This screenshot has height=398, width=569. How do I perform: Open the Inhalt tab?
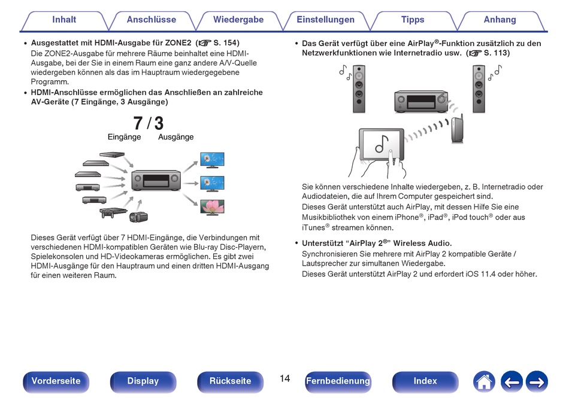64,20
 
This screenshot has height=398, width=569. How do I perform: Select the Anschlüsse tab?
152,20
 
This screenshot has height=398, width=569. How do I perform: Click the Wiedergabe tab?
238,20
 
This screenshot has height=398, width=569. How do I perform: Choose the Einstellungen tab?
325,20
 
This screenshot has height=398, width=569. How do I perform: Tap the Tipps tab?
413,20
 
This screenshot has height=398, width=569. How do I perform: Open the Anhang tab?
500,20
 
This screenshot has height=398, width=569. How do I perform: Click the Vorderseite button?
56,381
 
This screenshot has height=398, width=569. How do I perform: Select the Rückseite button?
230,381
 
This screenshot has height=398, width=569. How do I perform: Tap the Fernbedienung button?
338,381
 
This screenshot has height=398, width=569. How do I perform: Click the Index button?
425,381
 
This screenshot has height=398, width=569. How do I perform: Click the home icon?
484,382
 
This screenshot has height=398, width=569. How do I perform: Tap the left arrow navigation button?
512,382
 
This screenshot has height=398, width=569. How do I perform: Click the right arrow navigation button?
537,382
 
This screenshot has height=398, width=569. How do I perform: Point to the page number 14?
285,379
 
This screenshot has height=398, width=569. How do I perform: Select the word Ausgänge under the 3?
175,137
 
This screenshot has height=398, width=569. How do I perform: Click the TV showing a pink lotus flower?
212,207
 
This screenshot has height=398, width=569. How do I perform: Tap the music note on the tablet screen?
382,144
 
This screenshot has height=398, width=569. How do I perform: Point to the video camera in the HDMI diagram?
138,217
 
